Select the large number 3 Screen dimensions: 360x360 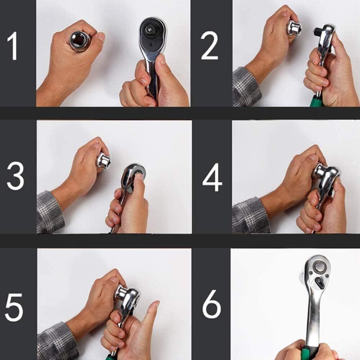(15, 176)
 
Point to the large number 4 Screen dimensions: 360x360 (212, 177)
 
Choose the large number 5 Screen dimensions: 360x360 (14, 307)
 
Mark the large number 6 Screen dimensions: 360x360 (211, 304)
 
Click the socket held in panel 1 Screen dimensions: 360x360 (80, 41)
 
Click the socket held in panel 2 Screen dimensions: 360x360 (294, 28)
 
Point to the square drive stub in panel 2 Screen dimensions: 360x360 (317, 30)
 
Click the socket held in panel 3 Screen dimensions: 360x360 (103, 161)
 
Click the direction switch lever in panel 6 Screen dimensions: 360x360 (319, 282)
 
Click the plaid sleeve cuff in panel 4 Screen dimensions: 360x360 (250, 216)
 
